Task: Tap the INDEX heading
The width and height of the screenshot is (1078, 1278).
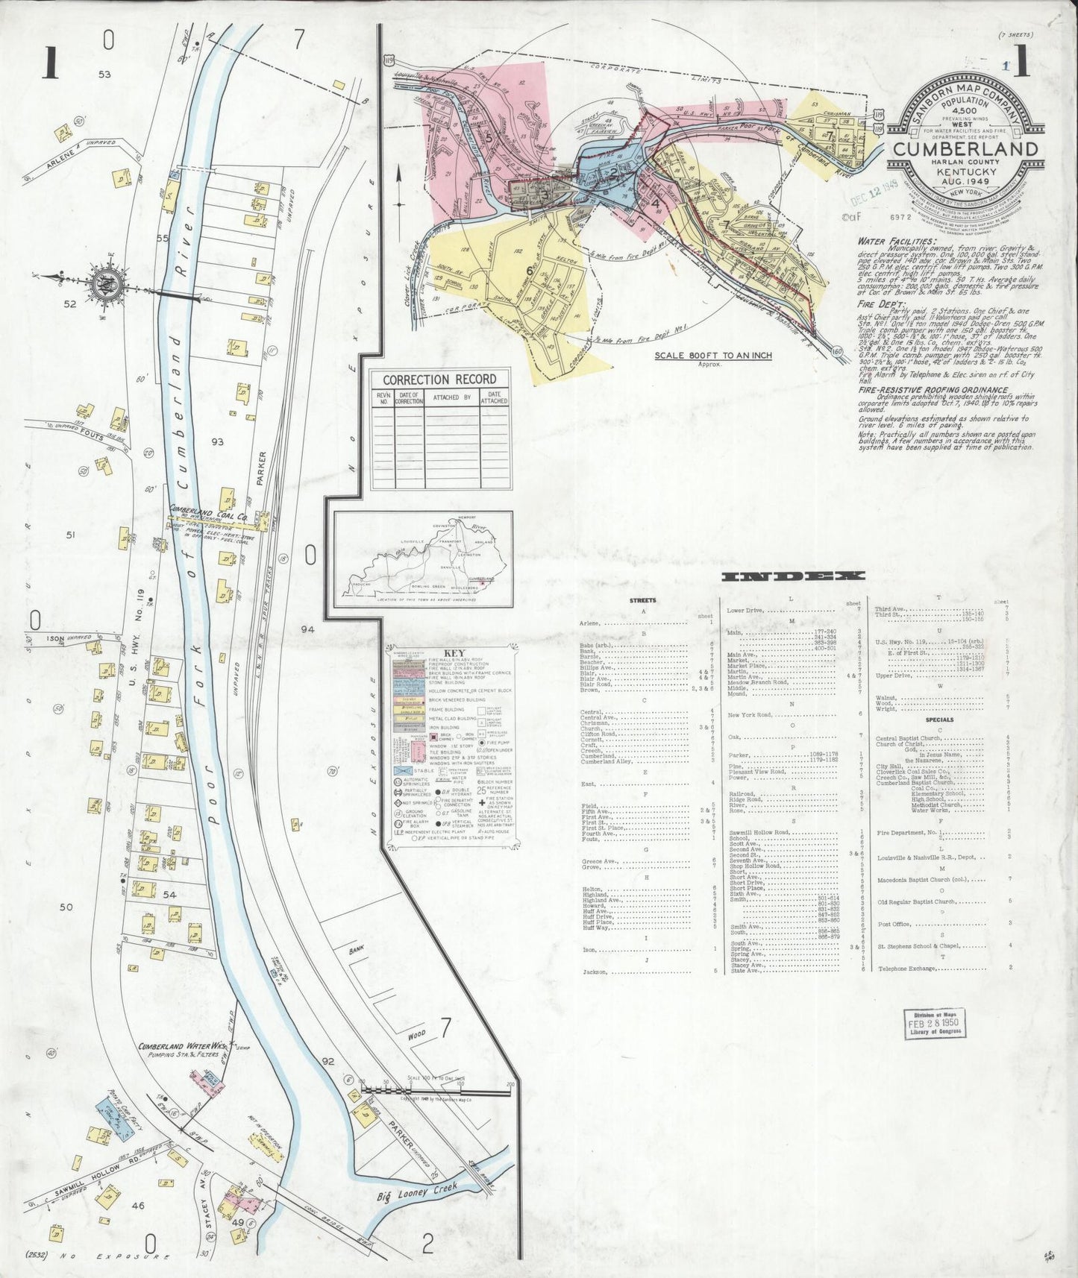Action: pyautogui.click(x=793, y=576)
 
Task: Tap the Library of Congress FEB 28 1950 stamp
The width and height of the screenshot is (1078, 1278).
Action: pyautogui.click(x=933, y=1022)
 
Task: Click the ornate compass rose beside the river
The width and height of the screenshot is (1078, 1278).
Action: pyautogui.click(x=101, y=283)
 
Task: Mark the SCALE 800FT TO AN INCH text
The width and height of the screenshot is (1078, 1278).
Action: pyautogui.click(x=712, y=356)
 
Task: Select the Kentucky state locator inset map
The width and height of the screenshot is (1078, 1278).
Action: pyautogui.click(x=423, y=556)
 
